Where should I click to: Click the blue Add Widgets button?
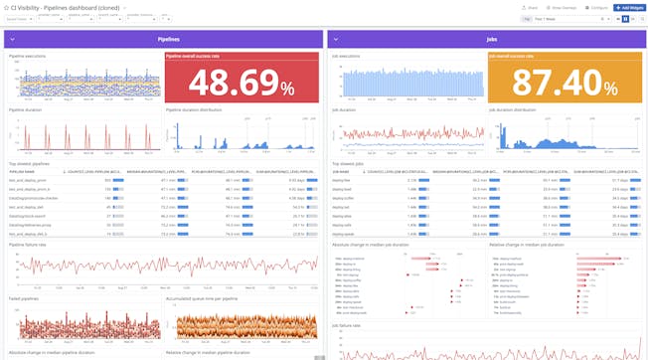coord(624,6)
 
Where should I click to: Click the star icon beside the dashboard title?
coord(6,7)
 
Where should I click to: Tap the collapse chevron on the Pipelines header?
coord(12,39)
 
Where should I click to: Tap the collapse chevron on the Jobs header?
coord(334,39)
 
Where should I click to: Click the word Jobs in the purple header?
coord(490,39)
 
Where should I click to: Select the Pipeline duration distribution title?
coord(197,109)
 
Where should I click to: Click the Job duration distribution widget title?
coord(516,109)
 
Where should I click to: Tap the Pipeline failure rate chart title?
coord(27,243)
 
